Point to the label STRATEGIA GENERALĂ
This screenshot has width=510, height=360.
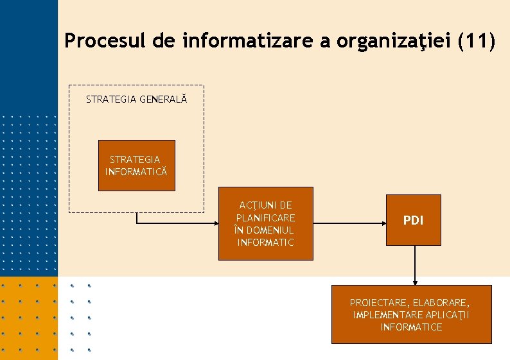136,99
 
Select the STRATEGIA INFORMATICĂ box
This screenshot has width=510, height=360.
136,165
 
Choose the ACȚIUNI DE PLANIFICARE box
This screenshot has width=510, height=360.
265,223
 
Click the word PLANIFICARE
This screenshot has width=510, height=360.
265,218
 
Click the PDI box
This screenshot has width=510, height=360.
414,220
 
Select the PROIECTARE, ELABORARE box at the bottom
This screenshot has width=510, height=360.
411,314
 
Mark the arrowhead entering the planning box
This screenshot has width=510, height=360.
215,223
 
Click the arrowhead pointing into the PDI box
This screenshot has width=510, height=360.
383,223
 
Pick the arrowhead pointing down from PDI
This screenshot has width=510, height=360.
415,281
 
